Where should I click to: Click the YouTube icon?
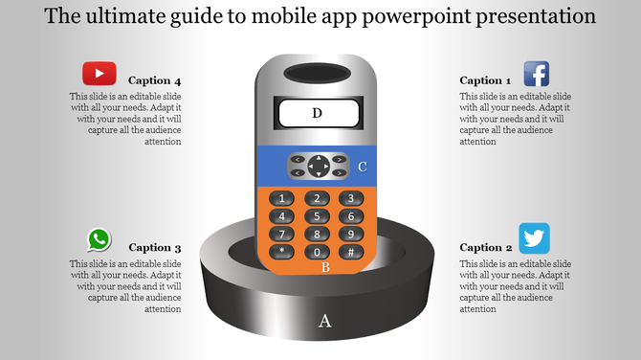click(x=99, y=74)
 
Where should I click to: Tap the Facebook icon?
click(x=535, y=75)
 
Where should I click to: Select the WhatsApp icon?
click(x=99, y=240)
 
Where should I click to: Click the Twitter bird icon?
click(x=534, y=237)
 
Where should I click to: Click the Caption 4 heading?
click(x=155, y=80)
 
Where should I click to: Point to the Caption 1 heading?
click(x=485, y=80)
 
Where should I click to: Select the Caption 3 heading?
click(x=155, y=247)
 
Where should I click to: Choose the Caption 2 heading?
click(x=485, y=247)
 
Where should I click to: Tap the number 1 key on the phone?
click(x=281, y=199)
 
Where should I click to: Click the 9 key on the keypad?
click(x=351, y=234)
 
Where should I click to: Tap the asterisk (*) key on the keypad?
click(x=281, y=252)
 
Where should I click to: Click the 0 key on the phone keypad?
click(x=317, y=252)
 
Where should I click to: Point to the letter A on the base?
click(x=324, y=322)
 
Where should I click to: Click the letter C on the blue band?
click(x=363, y=168)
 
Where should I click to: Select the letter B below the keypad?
click(x=325, y=268)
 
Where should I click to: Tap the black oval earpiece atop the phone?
click(x=318, y=72)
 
